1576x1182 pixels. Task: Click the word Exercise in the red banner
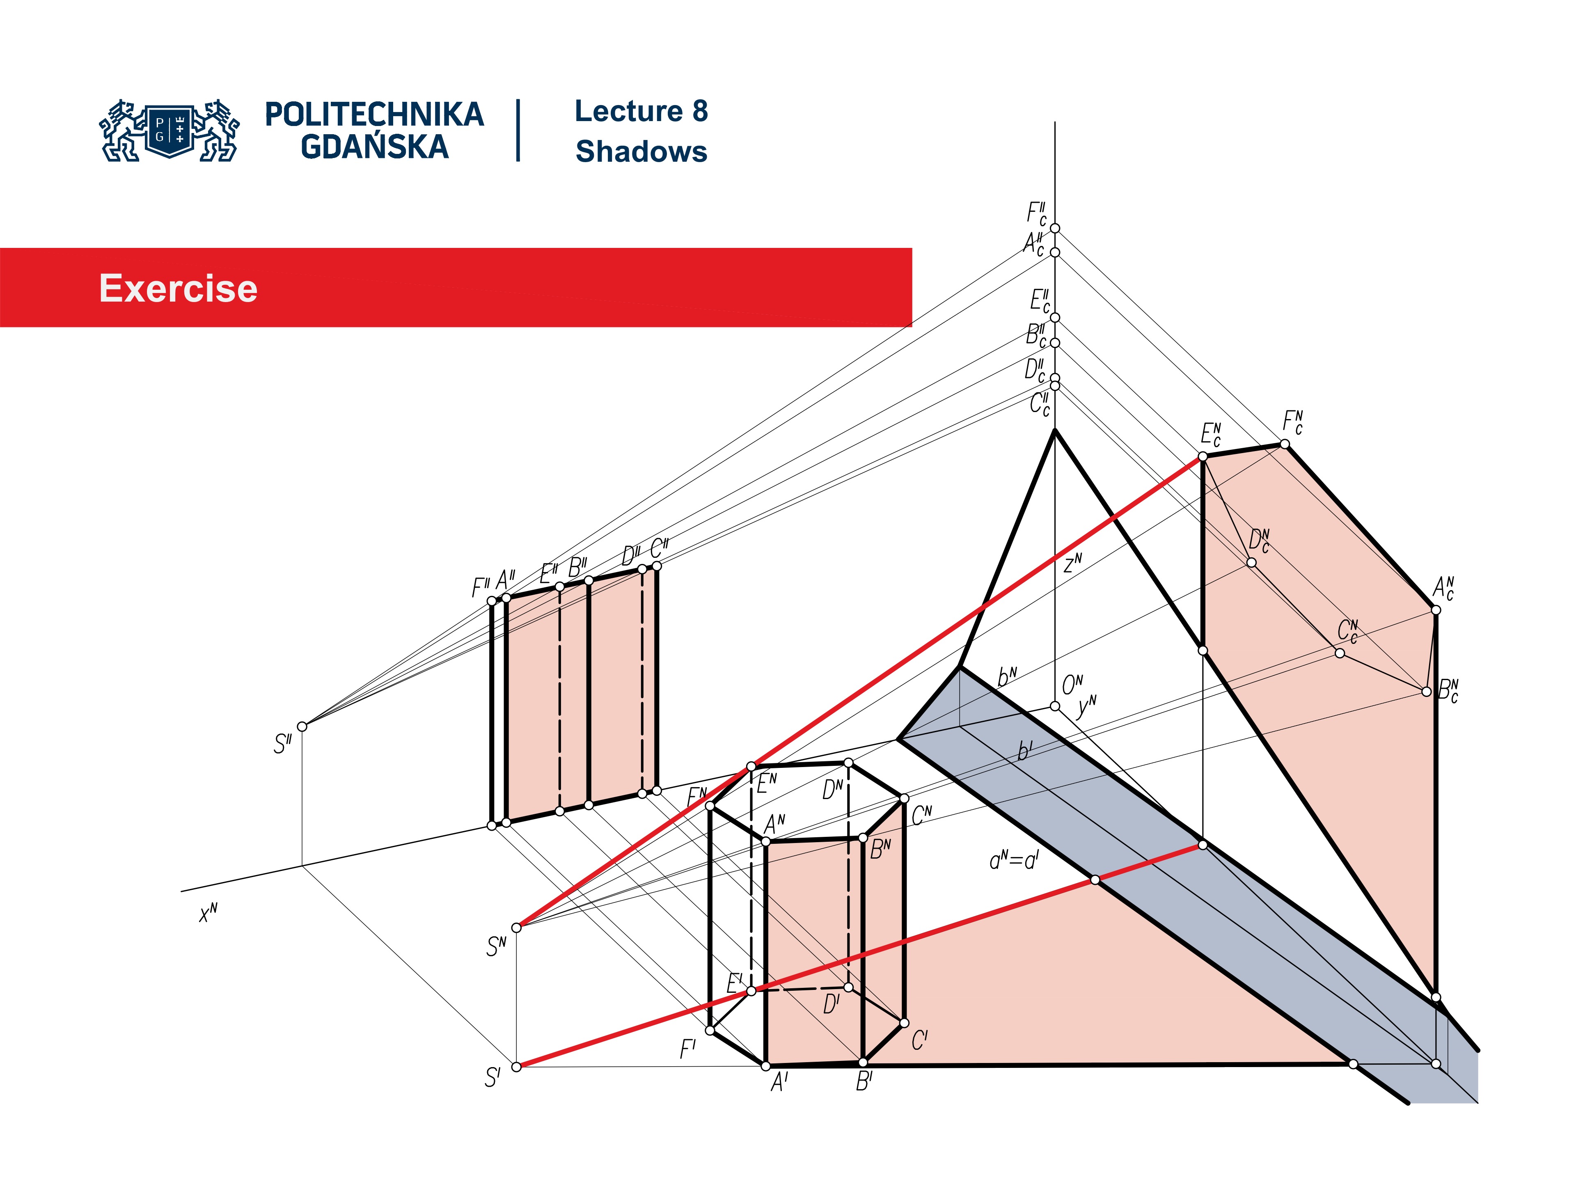point(178,289)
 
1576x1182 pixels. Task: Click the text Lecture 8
point(641,111)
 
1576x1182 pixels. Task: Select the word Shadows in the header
point(641,152)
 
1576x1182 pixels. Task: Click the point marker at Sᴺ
point(517,928)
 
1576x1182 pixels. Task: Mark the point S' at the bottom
point(517,1067)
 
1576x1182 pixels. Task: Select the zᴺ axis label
point(1072,564)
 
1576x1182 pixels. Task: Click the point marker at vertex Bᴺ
point(863,838)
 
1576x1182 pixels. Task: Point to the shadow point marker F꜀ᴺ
point(1285,444)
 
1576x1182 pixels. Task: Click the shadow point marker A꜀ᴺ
point(1436,610)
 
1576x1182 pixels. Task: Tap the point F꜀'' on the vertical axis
point(1055,228)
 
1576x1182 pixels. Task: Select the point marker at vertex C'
point(904,1023)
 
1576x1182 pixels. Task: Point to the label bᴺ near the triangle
point(1007,677)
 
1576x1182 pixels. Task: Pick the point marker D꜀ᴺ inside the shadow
point(1251,563)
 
